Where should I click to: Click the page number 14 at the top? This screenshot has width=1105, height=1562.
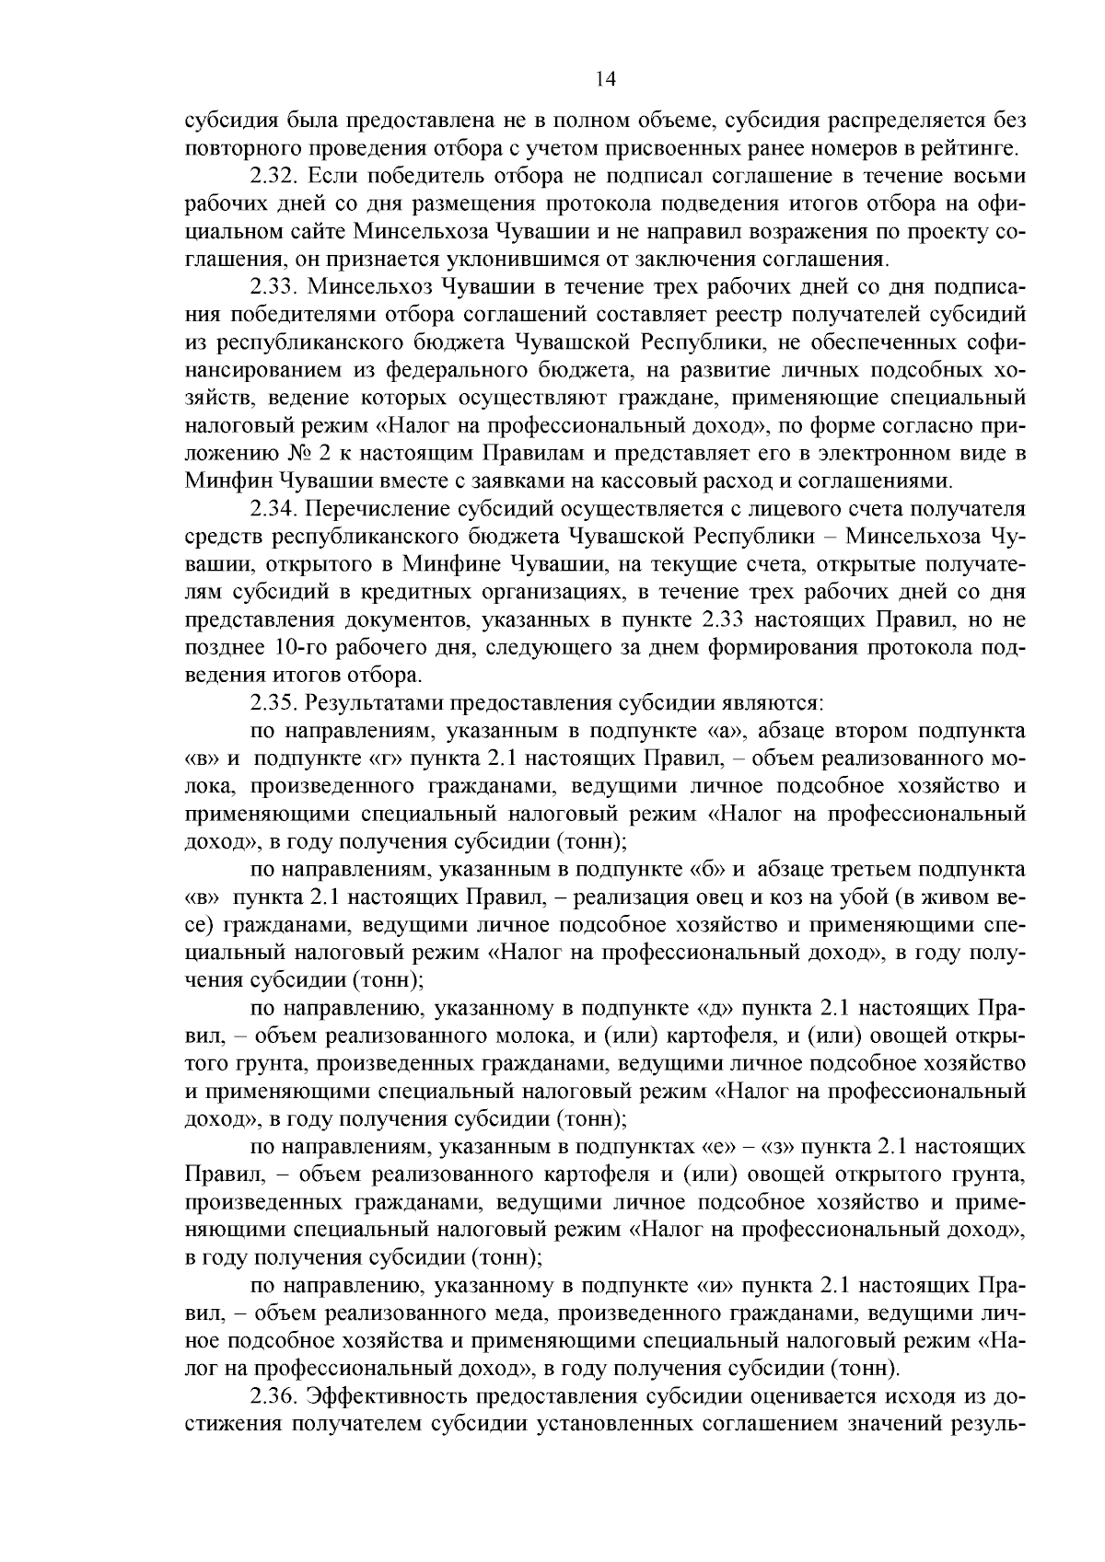pyautogui.click(x=605, y=79)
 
